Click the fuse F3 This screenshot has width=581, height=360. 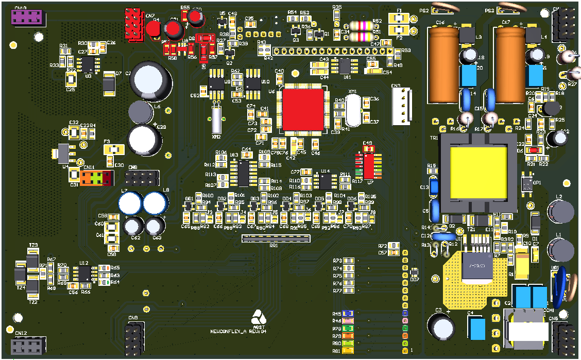point(114,149)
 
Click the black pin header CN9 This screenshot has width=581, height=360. point(133,337)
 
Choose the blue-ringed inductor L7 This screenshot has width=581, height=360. point(129,203)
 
